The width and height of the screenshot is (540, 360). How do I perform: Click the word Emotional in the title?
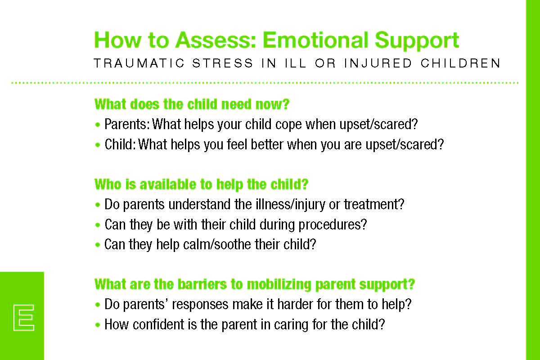tap(315, 40)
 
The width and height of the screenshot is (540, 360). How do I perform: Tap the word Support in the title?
tap(417, 41)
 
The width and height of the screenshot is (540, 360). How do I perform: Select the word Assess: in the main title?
tap(216, 40)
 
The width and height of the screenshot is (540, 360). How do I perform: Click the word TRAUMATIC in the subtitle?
tap(139, 63)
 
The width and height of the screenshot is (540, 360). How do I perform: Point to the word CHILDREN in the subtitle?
tap(460, 63)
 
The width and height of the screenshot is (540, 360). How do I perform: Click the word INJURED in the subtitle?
tap(378, 63)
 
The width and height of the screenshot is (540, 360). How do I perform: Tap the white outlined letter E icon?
tap(23, 317)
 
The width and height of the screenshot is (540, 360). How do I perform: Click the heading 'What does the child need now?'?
tap(192, 104)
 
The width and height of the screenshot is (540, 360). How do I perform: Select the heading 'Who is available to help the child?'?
tap(201, 184)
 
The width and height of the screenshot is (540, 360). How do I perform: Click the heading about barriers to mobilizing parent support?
tap(255, 284)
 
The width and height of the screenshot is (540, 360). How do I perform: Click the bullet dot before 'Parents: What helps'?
tap(98, 125)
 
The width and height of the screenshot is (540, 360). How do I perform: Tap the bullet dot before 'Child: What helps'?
tap(98, 145)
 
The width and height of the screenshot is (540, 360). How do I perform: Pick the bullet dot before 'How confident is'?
tap(98, 325)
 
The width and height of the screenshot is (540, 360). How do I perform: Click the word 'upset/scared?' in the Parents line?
tap(378, 125)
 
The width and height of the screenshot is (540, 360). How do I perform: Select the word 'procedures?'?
tap(333, 225)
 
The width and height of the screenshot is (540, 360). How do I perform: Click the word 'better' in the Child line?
tap(267, 145)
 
